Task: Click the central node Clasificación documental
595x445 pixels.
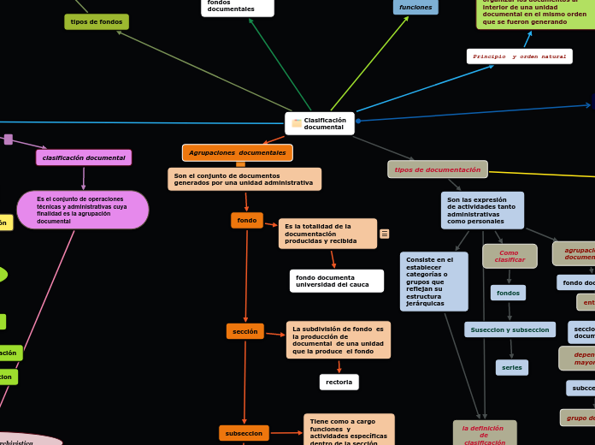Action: pos(320,123)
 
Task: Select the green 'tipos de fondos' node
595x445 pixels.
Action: pos(97,21)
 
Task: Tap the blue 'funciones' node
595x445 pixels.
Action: pos(415,7)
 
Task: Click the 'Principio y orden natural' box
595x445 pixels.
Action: pos(519,56)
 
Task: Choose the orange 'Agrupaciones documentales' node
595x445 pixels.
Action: pos(237,152)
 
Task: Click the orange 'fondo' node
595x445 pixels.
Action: pos(247,220)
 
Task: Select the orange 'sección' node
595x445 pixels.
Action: pos(244,331)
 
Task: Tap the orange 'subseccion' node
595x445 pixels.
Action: pos(244,433)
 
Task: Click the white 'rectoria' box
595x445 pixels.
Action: pos(339,382)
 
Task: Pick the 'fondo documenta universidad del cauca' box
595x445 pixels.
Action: pos(336,281)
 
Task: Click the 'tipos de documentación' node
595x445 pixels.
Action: pos(437,169)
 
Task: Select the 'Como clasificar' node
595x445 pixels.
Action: pos(510,256)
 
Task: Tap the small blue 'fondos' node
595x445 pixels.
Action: pos(508,293)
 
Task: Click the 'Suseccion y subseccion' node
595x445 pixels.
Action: pos(510,329)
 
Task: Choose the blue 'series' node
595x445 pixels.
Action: pos(511,367)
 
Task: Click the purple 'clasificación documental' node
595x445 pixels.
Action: pos(84,157)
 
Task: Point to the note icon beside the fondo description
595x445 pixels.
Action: pos(385,234)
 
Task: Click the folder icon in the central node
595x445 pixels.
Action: pos(297,123)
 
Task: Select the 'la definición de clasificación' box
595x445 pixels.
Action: pos(484,433)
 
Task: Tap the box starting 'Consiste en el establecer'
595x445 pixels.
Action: pos(433,281)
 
